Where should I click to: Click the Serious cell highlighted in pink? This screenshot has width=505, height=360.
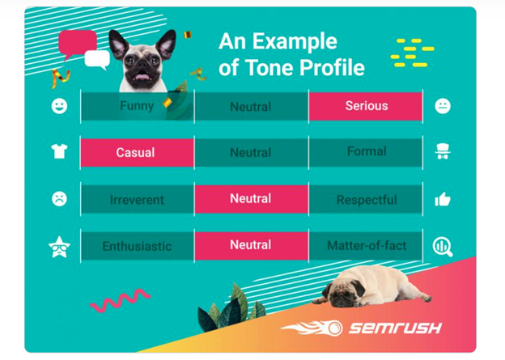coord(366,106)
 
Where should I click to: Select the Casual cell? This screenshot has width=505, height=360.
coord(138,153)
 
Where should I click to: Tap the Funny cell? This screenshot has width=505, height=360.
coord(138,106)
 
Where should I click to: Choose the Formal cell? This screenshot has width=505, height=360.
coord(366,153)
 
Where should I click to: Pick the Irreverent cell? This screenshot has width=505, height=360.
coord(138,199)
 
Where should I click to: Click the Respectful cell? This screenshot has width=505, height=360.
coord(366,199)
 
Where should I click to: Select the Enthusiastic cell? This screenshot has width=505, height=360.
coord(138,246)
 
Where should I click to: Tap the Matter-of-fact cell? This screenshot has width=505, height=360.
coord(366,246)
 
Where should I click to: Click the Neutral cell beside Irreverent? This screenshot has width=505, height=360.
coord(251,199)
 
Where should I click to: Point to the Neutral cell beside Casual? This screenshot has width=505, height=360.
coord(251,153)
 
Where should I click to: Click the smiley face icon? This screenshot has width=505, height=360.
coord(59,106)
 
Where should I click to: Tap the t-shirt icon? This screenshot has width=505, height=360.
coord(59,151)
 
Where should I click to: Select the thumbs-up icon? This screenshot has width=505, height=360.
coord(443,199)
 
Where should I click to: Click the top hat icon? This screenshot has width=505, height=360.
coord(443,151)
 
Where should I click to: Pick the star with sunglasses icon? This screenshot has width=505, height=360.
coord(59,247)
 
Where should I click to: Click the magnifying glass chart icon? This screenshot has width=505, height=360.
coord(443,247)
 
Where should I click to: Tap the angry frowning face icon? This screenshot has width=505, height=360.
coord(59,199)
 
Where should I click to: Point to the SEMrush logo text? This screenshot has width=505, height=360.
coord(395,328)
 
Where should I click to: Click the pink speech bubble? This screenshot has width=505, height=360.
coord(78,43)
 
